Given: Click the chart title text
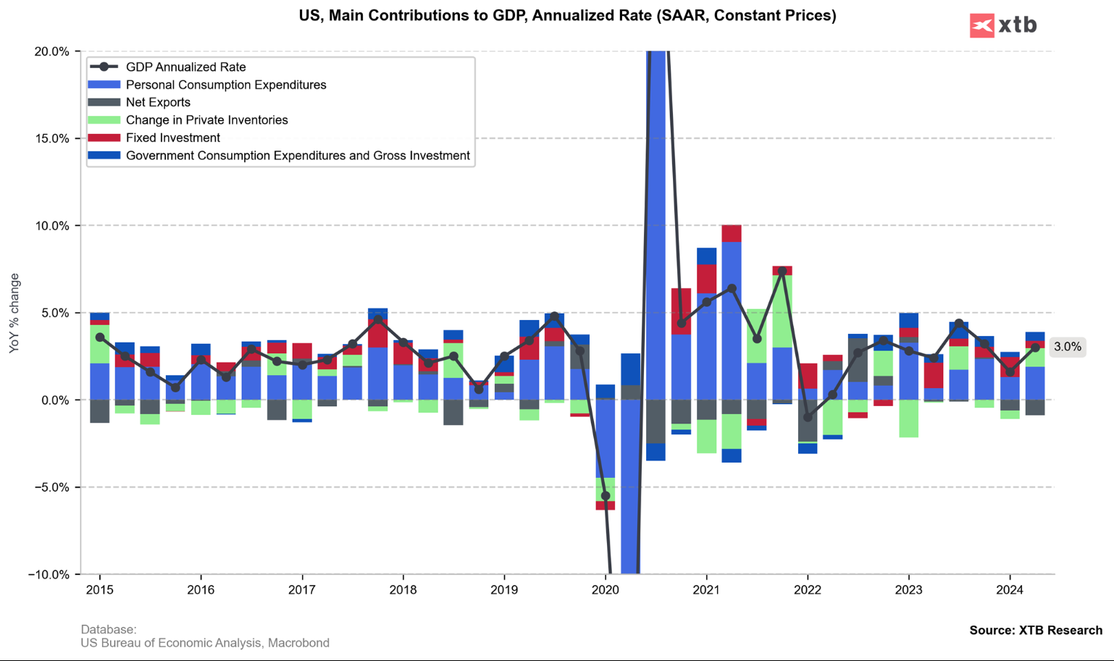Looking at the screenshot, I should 567,15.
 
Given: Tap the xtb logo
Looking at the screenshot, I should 1003,25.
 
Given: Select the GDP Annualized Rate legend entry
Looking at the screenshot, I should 185,67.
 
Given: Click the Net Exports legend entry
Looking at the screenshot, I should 158,103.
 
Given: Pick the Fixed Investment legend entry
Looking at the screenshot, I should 172,138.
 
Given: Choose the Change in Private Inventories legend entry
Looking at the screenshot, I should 206,120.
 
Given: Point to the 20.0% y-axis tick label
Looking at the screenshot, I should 52,51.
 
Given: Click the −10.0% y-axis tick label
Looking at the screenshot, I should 49,575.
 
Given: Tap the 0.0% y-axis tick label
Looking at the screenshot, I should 55,400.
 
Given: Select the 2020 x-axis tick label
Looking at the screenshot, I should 606,590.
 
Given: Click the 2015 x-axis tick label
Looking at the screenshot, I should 100,590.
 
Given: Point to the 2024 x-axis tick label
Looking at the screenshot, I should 1010,590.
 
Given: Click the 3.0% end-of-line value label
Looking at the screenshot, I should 1068,348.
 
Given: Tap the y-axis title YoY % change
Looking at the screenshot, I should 14,313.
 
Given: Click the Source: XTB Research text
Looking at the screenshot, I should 1036,631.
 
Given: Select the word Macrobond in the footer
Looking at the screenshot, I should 298,643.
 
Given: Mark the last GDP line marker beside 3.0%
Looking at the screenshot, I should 1036,348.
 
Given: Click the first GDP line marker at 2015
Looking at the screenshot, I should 100,337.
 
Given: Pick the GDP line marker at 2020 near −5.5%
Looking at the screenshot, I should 606,496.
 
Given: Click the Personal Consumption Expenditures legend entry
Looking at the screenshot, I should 226,85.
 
